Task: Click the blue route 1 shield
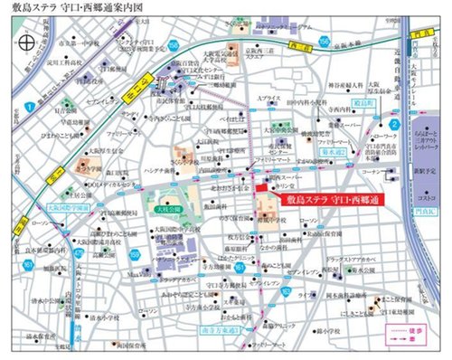coord(30,107)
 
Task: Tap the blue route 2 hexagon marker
coord(394,125)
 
